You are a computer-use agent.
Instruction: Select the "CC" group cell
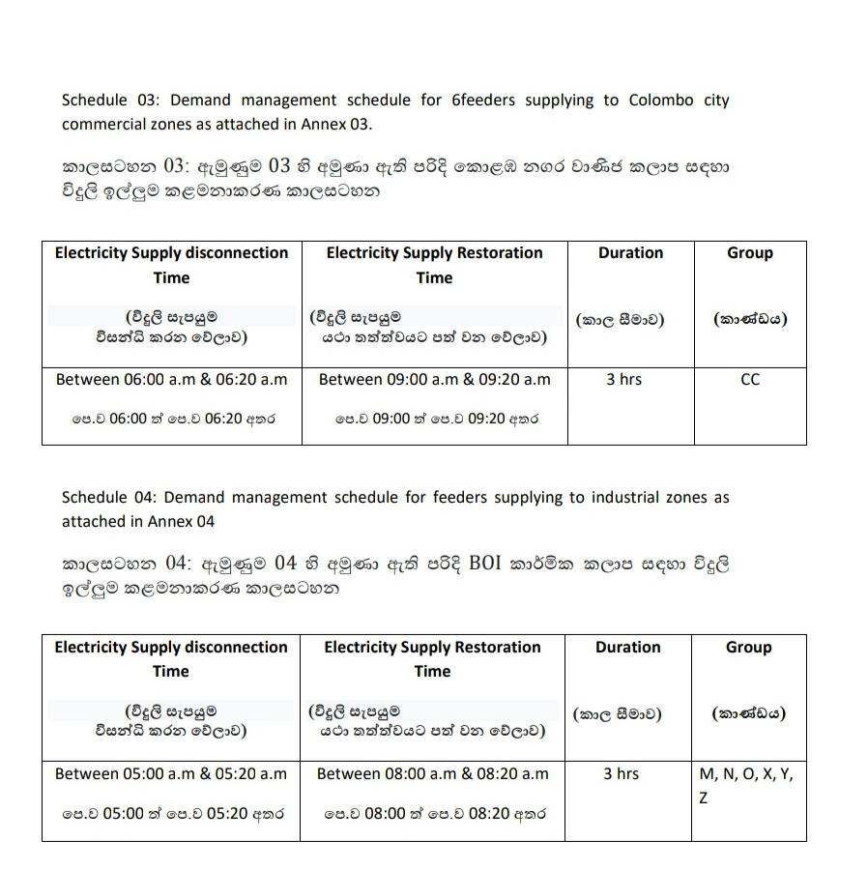750,380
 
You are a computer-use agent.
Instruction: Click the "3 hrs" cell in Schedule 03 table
623,380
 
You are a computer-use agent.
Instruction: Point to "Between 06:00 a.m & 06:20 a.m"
172,380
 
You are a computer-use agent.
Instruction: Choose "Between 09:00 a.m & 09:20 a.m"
434,380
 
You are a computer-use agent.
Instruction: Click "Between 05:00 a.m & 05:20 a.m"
171,773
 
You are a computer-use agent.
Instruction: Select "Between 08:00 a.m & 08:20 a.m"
432,773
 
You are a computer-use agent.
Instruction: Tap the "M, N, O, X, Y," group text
746,773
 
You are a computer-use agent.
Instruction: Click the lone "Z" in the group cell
703,798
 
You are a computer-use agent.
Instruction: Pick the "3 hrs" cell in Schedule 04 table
621,773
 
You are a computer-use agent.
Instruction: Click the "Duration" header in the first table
630,253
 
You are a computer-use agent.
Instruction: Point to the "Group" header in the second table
749,647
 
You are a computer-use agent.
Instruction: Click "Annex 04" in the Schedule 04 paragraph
181,521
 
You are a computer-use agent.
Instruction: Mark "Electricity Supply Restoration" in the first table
434,253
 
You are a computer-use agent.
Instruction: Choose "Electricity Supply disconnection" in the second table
171,647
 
